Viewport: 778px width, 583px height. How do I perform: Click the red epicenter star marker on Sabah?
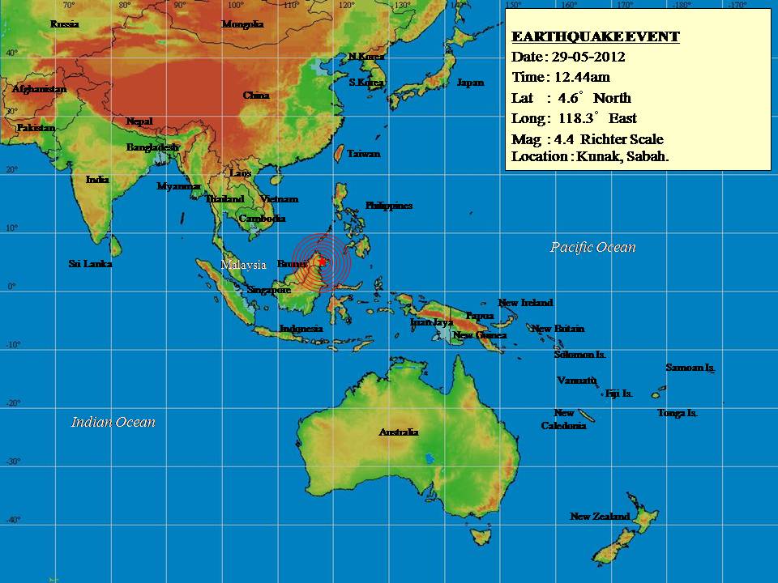coord(323,261)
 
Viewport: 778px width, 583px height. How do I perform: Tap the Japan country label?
coord(470,83)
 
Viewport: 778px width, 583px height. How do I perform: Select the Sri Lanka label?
coord(90,264)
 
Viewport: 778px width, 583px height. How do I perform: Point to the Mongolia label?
coord(242,24)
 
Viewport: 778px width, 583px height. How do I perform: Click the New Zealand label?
coord(600,517)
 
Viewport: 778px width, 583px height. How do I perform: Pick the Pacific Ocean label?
coord(593,248)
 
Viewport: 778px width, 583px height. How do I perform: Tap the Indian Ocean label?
coord(113,422)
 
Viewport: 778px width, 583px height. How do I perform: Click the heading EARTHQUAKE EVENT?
coord(596,37)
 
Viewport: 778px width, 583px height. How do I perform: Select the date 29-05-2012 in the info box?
coord(590,57)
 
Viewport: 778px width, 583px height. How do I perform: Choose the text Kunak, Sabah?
coord(622,157)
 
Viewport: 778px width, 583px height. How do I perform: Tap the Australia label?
coord(399,432)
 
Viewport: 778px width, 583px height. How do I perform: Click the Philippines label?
coord(389,206)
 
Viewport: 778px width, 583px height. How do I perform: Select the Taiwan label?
coord(363,154)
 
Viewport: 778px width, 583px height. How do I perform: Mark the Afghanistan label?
coord(39,89)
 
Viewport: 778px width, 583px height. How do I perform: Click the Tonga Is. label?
coord(678,413)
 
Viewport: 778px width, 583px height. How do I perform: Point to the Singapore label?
coord(269,290)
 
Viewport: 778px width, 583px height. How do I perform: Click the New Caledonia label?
coord(564,419)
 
